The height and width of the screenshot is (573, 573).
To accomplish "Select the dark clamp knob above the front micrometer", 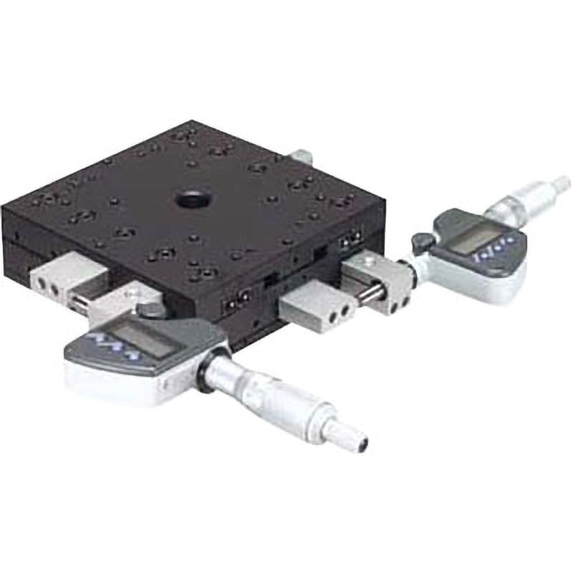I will point(151,310).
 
